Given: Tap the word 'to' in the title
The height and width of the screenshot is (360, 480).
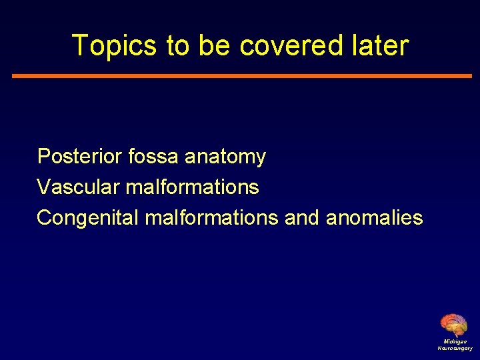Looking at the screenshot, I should (178, 46).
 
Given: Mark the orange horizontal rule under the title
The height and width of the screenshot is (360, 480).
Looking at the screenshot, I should (241, 76).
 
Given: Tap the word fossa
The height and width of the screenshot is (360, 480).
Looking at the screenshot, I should (154, 157).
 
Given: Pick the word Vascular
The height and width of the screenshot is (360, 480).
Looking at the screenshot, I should (79, 187).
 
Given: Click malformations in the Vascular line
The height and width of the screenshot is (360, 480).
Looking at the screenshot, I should (192, 187).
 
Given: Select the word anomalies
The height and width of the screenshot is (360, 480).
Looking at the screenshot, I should (375, 218).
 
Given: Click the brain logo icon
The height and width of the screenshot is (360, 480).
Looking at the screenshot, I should (454, 325).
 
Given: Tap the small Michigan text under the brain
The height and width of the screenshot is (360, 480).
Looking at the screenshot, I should (455, 341).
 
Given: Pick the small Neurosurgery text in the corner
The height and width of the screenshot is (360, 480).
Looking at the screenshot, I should (455, 348).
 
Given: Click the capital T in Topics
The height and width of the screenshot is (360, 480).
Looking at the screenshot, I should (79, 46).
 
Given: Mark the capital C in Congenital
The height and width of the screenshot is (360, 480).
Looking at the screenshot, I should (45, 218).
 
